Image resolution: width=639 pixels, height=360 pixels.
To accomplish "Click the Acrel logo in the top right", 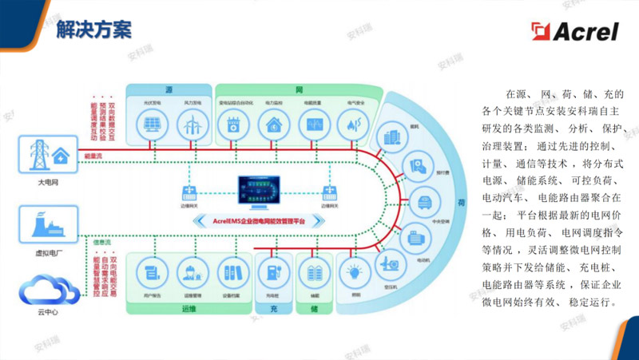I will pyautogui.click(x=577, y=30).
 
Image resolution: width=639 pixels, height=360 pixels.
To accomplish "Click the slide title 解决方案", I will pyautogui.click(x=93, y=30).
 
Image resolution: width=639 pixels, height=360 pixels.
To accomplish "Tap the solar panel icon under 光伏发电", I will pyautogui.click(x=149, y=124).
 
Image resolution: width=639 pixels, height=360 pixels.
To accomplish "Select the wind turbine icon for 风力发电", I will pyautogui.click(x=191, y=124).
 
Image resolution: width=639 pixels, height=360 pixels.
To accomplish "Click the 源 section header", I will pyautogui.click(x=169, y=89).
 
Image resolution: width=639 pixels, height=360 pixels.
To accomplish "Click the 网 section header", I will pyautogui.click(x=298, y=89).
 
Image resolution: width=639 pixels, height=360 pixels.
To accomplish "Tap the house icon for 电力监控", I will pyautogui.click(x=274, y=124).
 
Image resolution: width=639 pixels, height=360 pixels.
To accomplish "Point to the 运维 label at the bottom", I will pyautogui.click(x=189, y=307).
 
